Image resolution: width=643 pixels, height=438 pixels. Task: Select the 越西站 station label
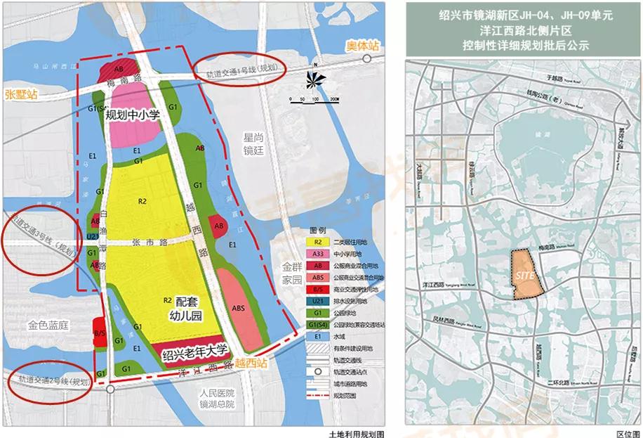(x=252, y=364)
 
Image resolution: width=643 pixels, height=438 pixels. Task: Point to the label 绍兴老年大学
(x=196, y=352)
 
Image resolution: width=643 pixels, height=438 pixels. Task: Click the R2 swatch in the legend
(x=317, y=242)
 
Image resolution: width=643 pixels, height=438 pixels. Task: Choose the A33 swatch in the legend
(x=317, y=254)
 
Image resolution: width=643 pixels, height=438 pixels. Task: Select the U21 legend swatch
(x=317, y=301)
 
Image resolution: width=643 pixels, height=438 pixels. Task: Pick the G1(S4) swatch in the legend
(x=317, y=324)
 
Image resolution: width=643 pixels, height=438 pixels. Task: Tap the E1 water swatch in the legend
(x=317, y=336)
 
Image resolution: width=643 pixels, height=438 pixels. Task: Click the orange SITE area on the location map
(x=526, y=276)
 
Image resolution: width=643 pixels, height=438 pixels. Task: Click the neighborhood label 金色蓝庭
(x=48, y=326)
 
